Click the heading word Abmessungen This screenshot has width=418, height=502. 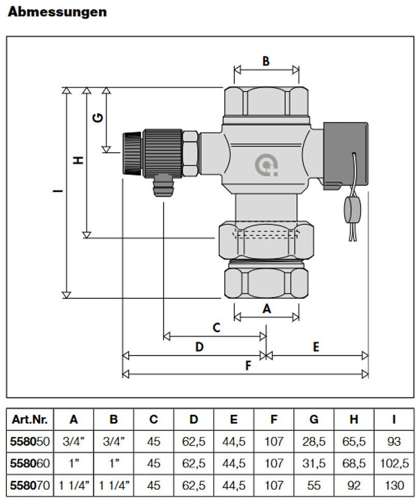57,12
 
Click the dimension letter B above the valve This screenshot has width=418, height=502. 266,61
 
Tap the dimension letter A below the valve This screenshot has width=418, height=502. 267,309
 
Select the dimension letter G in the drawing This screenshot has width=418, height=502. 98,118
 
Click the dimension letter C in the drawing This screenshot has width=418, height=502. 216,328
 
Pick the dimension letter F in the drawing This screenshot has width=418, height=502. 249,366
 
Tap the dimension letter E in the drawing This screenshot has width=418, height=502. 316,347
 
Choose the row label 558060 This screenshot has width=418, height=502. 30,464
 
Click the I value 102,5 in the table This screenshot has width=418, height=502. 394,464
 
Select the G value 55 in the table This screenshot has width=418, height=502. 313,486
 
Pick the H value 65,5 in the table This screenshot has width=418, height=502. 354,442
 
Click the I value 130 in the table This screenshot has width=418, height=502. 394,486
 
